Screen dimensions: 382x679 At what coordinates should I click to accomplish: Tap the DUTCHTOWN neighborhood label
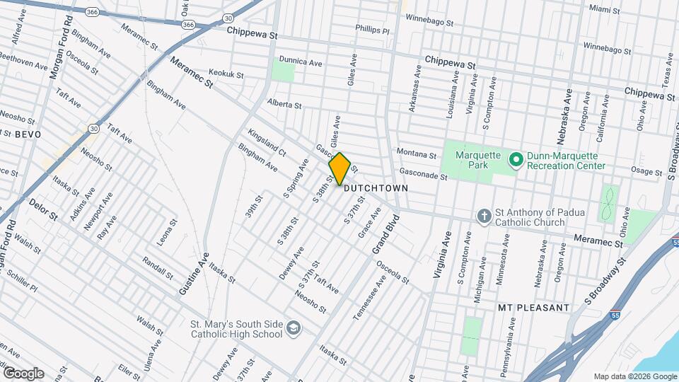pos(376,189)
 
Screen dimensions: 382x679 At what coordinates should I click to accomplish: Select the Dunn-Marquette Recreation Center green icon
pos(516,160)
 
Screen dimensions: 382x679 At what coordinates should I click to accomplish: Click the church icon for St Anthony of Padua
pos(483,216)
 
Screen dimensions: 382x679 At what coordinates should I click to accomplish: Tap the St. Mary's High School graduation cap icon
pos(293,329)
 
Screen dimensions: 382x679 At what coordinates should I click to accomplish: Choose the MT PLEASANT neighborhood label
pos(533,308)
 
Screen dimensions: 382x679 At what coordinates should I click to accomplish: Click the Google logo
pos(23,374)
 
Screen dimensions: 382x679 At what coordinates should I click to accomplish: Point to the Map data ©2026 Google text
pos(634,376)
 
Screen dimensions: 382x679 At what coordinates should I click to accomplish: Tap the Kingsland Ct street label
pos(267,142)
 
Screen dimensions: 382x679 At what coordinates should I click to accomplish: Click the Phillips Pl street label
pos(373,31)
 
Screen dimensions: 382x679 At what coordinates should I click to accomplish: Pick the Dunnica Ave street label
pos(301,62)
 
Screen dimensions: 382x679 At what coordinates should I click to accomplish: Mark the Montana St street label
pos(416,154)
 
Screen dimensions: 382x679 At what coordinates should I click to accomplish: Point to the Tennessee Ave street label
pos(370,298)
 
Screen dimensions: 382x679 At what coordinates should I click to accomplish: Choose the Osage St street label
pos(645,170)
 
